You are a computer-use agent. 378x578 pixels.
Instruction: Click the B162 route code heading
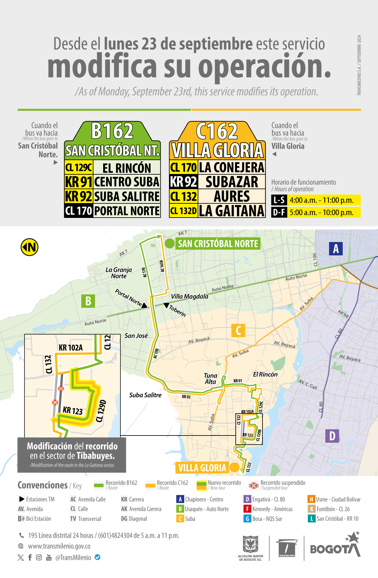[x=112, y=131]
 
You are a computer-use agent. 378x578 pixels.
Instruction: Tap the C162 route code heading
[x=217, y=131]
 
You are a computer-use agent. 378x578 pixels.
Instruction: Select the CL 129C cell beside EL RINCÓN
[x=78, y=168]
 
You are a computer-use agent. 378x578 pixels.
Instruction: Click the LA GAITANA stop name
[x=232, y=211]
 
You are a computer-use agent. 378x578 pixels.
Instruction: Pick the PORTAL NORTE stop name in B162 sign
[x=127, y=211]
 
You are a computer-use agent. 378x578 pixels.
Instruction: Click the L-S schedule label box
[x=279, y=200]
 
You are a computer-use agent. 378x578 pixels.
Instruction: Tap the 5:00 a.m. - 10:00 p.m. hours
[x=321, y=213]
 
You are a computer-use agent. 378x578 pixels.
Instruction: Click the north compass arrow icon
[x=29, y=247]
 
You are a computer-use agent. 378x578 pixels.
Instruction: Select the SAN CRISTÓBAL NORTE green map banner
[x=218, y=244]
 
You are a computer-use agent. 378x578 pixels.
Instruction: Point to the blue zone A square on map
[x=336, y=249]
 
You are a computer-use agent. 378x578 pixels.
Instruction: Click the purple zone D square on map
[x=332, y=436]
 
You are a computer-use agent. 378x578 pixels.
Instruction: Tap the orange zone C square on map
[x=238, y=330]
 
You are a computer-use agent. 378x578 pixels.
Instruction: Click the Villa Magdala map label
[x=190, y=296]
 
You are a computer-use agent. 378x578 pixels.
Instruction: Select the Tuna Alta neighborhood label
[x=211, y=379]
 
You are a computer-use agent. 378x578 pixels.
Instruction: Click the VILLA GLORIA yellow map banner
[x=202, y=468]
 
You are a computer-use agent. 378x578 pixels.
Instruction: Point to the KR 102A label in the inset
[x=71, y=348]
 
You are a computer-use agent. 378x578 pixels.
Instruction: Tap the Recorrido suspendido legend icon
[x=254, y=485]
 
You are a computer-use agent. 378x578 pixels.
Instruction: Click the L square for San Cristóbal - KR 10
[x=311, y=518]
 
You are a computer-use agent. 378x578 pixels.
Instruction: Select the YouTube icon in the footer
[x=49, y=557]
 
